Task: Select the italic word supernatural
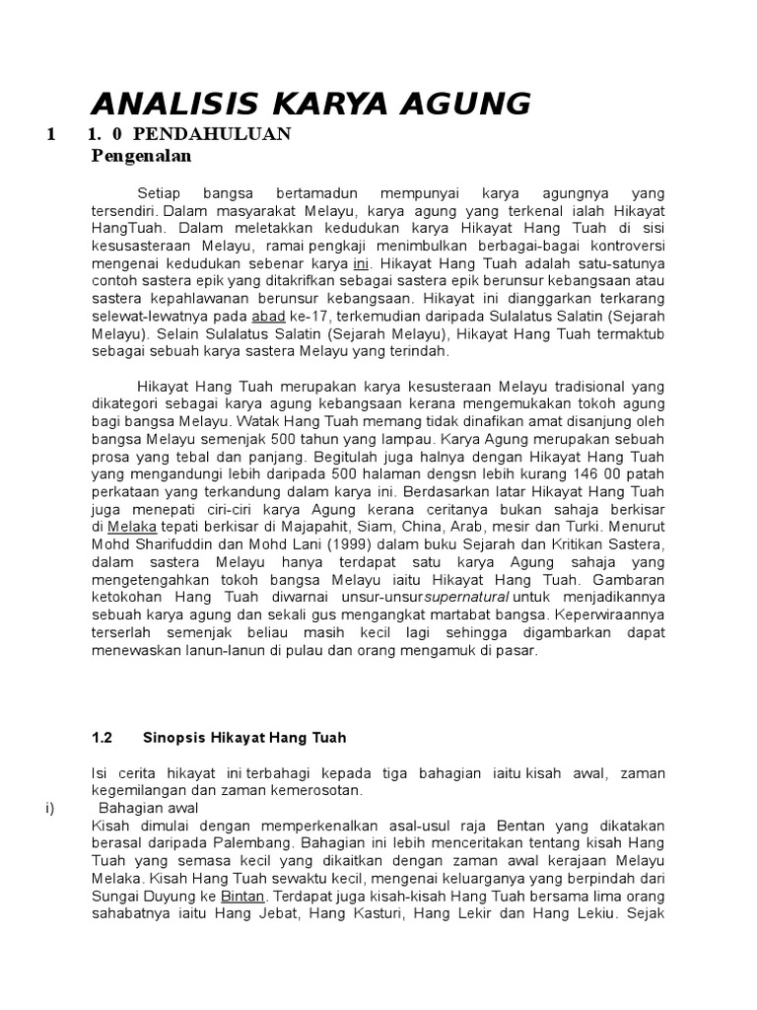coord(467,598)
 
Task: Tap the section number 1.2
coord(103,737)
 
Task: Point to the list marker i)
coord(49,808)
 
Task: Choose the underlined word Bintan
coord(242,896)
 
